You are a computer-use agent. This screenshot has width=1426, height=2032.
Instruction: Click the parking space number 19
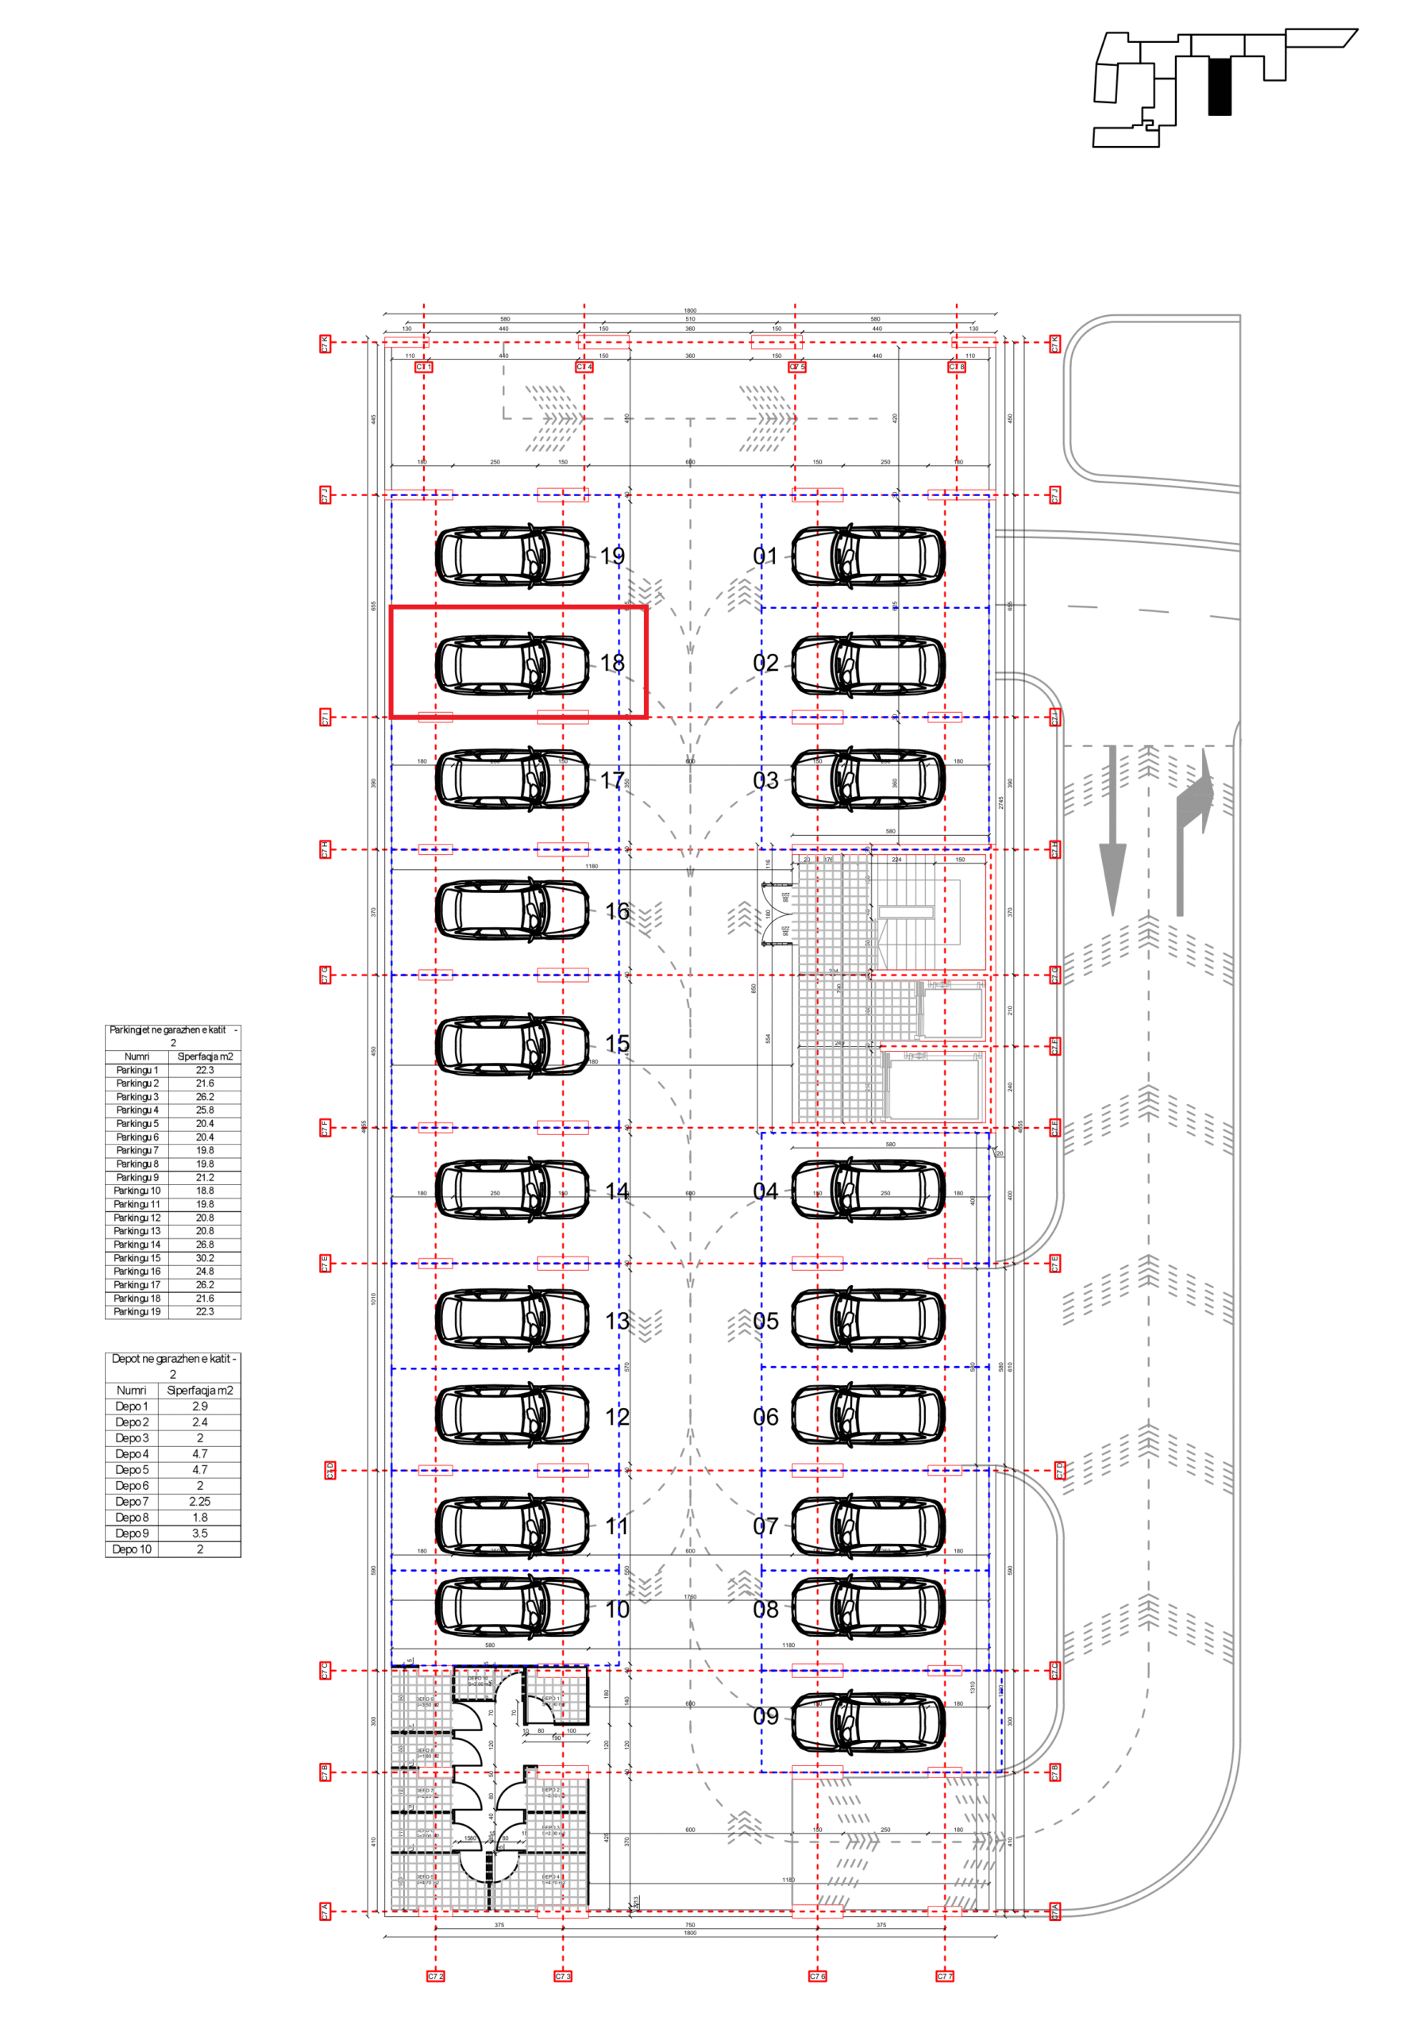point(611,556)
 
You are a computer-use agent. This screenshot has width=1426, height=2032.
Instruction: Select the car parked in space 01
point(868,556)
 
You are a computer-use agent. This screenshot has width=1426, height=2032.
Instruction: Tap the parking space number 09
point(765,1716)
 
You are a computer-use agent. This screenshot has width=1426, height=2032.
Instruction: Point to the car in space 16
point(511,910)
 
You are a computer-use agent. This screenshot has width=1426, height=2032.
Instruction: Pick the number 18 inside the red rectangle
point(611,663)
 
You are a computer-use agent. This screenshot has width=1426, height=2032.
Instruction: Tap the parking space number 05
point(765,1322)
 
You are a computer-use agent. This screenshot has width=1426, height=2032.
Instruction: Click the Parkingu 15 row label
point(137,1257)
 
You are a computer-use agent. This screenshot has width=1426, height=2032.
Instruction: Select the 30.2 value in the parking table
point(205,1257)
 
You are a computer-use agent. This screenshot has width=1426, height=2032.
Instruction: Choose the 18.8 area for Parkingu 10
point(205,1191)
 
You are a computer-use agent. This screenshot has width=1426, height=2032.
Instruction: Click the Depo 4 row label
point(132,1454)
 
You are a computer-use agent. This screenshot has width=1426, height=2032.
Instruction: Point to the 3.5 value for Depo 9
point(200,1534)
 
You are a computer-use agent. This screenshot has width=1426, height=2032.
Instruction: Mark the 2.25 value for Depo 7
point(200,1502)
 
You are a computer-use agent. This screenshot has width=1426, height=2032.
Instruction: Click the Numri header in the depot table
point(131,1391)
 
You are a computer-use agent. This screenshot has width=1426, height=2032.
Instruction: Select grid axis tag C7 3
point(563,1976)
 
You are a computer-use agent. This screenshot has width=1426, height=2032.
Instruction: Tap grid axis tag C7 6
point(817,1976)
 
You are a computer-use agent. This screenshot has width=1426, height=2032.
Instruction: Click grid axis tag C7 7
point(945,1976)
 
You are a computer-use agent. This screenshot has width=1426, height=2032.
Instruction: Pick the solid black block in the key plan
point(1219,86)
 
